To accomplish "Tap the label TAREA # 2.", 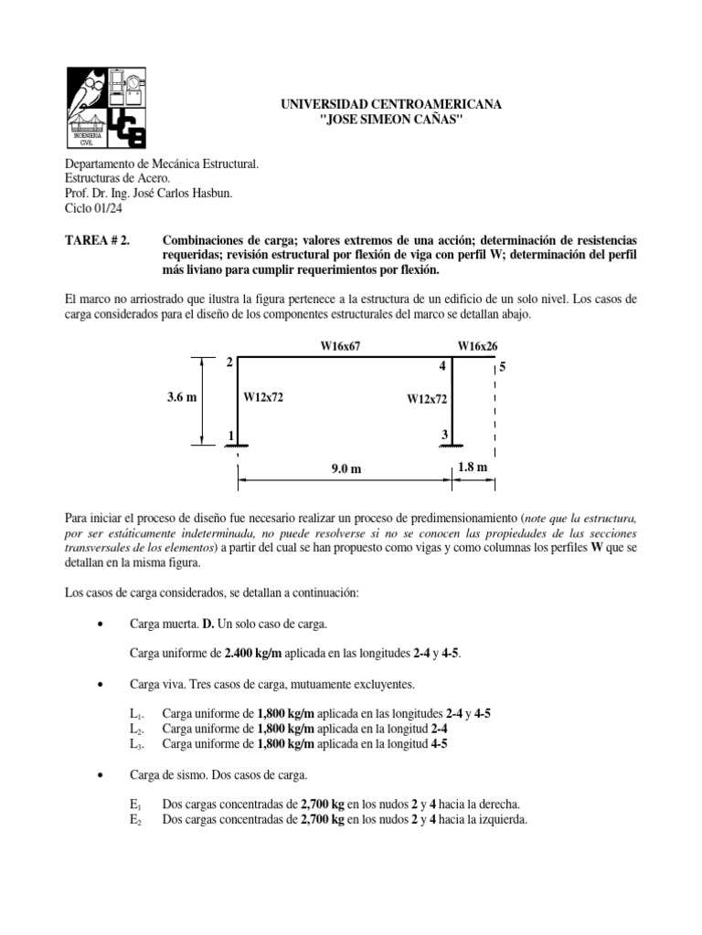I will click(x=97, y=239).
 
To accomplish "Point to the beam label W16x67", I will click(x=340, y=347).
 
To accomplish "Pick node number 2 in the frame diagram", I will click(x=229, y=363).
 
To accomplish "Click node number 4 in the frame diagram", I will click(x=442, y=367).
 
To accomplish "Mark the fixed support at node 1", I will click(x=239, y=446).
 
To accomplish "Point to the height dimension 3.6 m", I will click(x=183, y=398).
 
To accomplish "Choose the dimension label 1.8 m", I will click(x=473, y=467).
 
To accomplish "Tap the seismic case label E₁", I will click(x=136, y=805).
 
